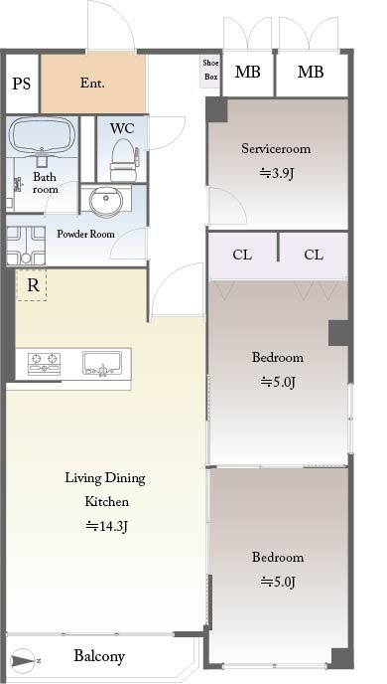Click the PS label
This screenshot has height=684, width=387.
pyautogui.click(x=21, y=84)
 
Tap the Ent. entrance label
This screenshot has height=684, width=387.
pyautogui.click(x=92, y=84)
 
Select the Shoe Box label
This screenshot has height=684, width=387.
pyautogui.click(x=210, y=70)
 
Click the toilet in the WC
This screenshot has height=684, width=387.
pyautogui.click(x=124, y=160)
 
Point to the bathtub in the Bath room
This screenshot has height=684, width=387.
pyautogui.click(x=42, y=137)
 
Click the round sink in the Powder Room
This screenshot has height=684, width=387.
pyautogui.click(x=106, y=201)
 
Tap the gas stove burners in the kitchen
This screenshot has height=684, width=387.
pyautogui.click(x=44, y=364)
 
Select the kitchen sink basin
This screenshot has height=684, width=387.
pyautogui.click(x=102, y=364)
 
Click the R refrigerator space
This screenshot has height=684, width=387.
pyautogui.click(x=31, y=285)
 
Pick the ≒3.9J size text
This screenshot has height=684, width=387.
pyautogui.click(x=277, y=174)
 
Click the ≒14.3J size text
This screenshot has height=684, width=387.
pyautogui.click(x=106, y=527)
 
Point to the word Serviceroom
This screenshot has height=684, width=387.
pyautogui.click(x=276, y=148)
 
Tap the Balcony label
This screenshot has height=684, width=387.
pyautogui.click(x=99, y=655)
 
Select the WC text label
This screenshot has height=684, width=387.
pyautogui.click(x=122, y=128)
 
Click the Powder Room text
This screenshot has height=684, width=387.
pyautogui.click(x=85, y=234)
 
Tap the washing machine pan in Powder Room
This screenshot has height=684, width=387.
pyautogui.click(x=26, y=246)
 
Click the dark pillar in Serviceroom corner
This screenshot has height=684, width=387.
pyautogui.click(x=216, y=109)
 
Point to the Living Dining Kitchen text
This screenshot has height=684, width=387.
pyautogui.click(x=106, y=489)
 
